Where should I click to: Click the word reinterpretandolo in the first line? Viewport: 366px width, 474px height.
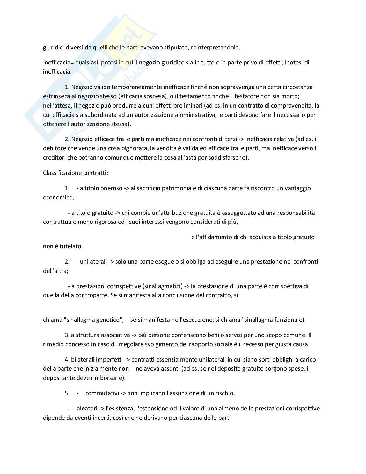click(214, 48)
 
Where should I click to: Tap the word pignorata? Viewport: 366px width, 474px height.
click(120, 148)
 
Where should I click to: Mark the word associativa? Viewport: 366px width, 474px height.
click(115, 335)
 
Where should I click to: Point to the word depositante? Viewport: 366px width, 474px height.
click(58, 378)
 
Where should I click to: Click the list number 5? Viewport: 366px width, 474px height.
click(67, 393)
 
